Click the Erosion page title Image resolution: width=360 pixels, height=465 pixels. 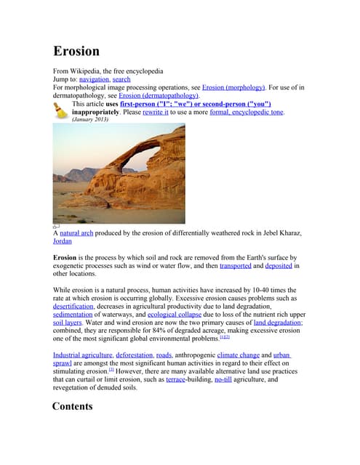(76, 52)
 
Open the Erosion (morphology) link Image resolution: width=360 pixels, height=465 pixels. (234, 87)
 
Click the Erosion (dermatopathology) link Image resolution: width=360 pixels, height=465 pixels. (158, 95)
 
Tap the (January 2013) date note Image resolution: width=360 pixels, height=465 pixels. (90, 119)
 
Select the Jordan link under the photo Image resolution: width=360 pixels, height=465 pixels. (63, 241)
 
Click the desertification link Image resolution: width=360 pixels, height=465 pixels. (73, 307)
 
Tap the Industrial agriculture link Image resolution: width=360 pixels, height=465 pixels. (82, 355)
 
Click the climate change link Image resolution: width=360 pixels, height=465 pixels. (238, 355)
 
